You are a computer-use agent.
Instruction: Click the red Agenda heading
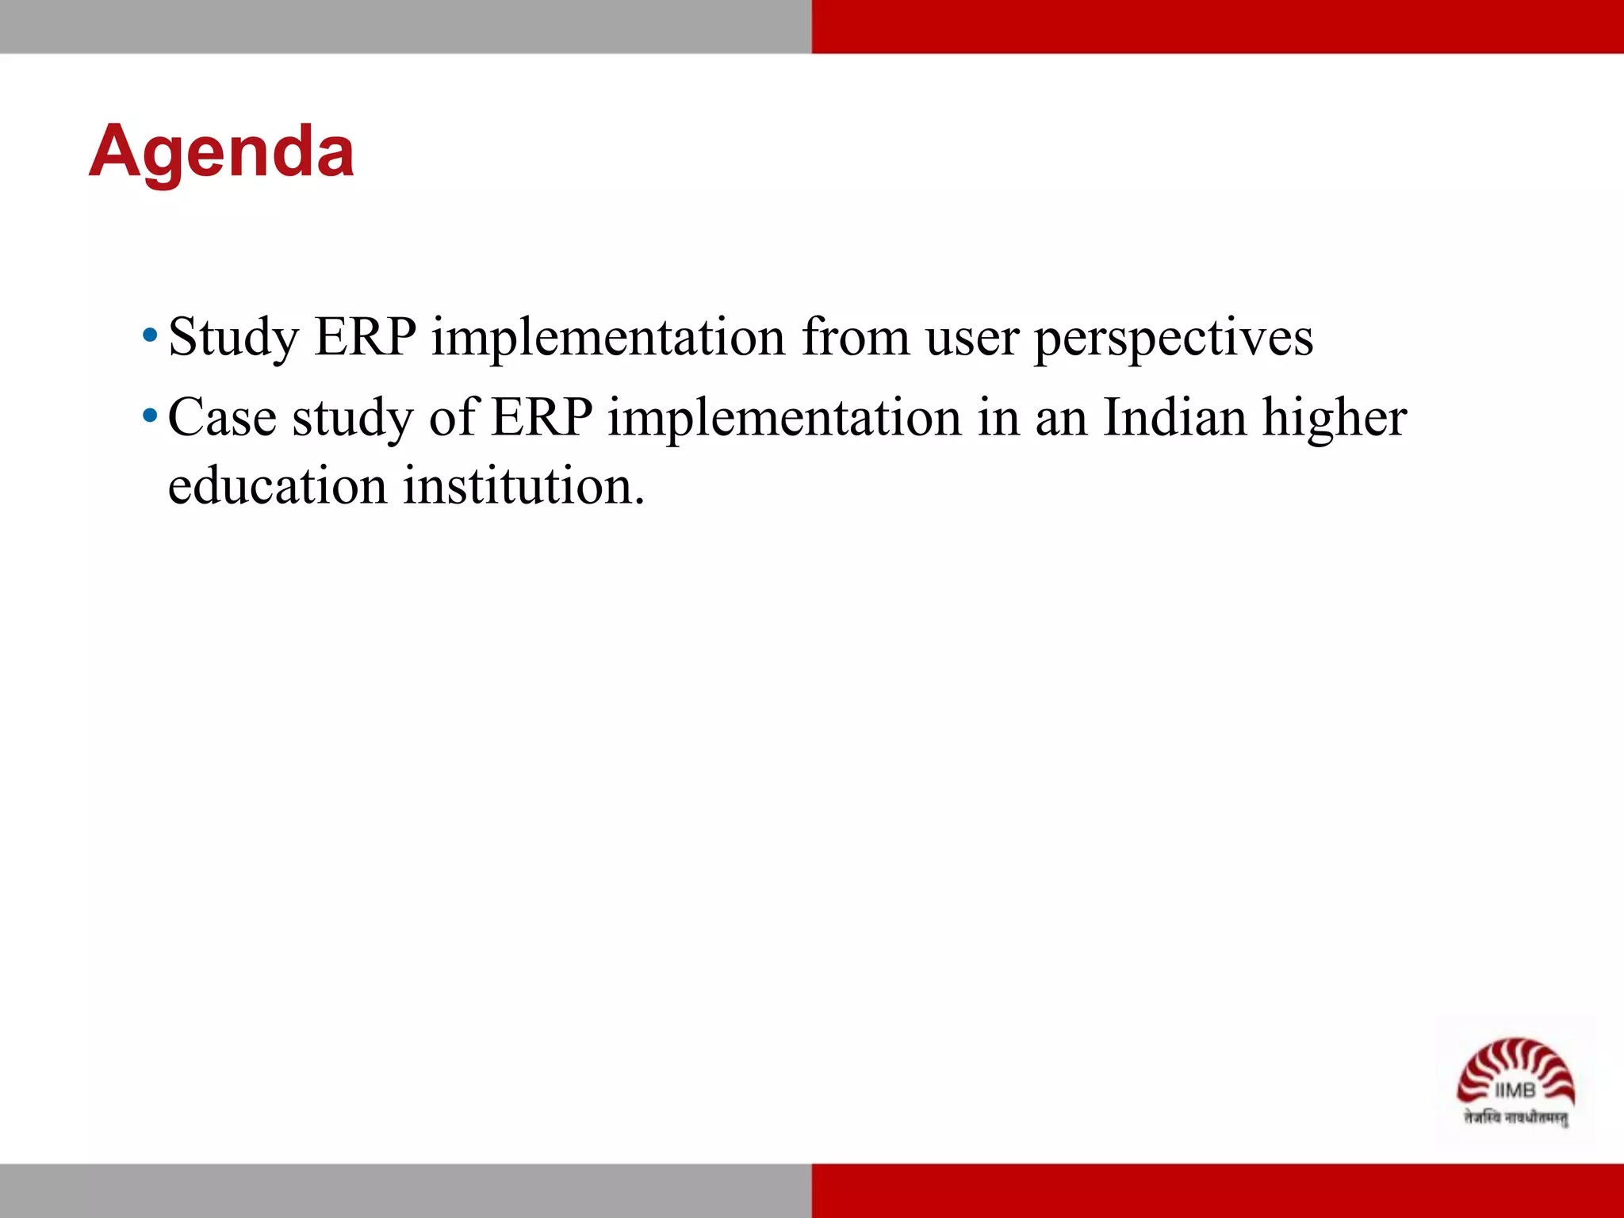221,152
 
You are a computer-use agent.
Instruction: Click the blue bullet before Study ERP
150,335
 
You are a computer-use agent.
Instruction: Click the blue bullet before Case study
150,416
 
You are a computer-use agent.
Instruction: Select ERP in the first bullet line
366,337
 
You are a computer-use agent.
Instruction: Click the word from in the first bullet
856,337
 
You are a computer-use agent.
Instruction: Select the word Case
223,417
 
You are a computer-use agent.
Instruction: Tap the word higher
1335,419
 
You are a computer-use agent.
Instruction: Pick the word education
278,485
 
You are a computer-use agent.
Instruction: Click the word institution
524,485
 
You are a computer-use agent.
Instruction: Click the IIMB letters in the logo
1515,1091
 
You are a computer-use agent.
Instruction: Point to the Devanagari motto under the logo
1515,1118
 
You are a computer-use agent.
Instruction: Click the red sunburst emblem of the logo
1515,1063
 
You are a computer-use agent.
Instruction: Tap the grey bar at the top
405,26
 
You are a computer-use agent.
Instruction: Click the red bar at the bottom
1217,1190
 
